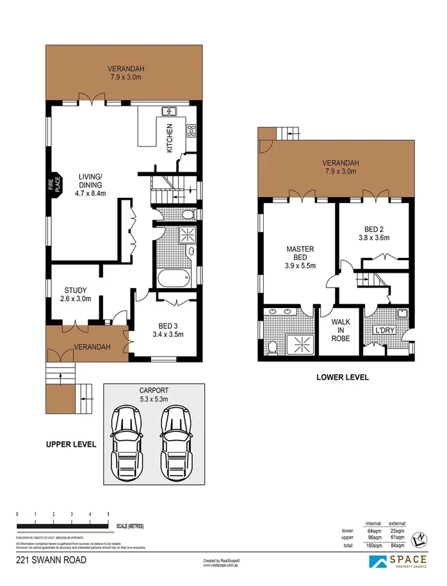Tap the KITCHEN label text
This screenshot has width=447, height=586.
pyautogui.click(x=170, y=137)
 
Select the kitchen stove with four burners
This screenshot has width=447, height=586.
pyautogui.click(x=191, y=131)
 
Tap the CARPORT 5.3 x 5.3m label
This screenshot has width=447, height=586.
pyautogui.click(x=154, y=394)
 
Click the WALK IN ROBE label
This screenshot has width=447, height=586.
pyautogui.click(x=340, y=330)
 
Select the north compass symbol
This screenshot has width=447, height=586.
pyautogui.click(x=420, y=539)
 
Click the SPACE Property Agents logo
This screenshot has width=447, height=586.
pyautogui.click(x=396, y=562)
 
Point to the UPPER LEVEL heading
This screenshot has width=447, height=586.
pyautogui.click(x=71, y=444)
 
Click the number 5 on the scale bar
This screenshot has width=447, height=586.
pyautogui.click(x=108, y=514)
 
